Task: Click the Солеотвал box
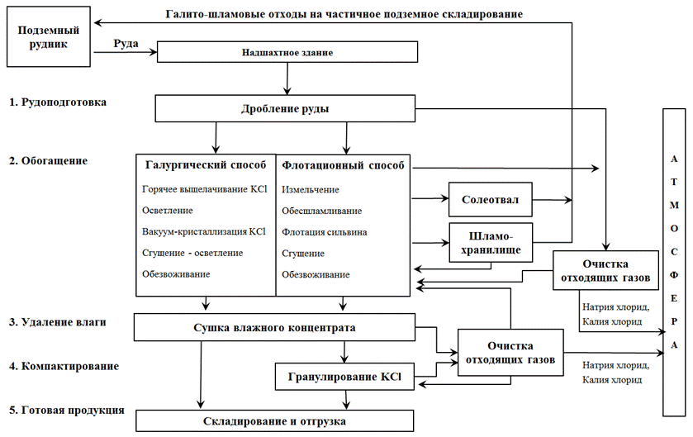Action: click(x=490, y=199)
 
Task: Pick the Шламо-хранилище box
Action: click(x=490, y=242)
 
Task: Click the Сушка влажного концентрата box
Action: click(x=273, y=328)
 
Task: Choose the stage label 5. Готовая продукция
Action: click(x=66, y=410)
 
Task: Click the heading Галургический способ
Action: click(x=205, y=165)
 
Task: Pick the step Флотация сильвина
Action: click(x=325, y=232)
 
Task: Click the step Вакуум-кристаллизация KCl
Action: click(x=204, y=232)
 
